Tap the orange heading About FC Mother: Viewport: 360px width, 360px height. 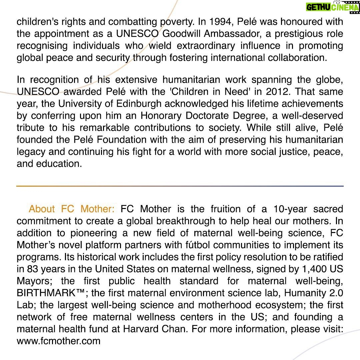pos(71,209)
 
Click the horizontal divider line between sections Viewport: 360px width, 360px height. pos(180,186)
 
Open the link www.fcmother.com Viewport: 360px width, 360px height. pos(59,341)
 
